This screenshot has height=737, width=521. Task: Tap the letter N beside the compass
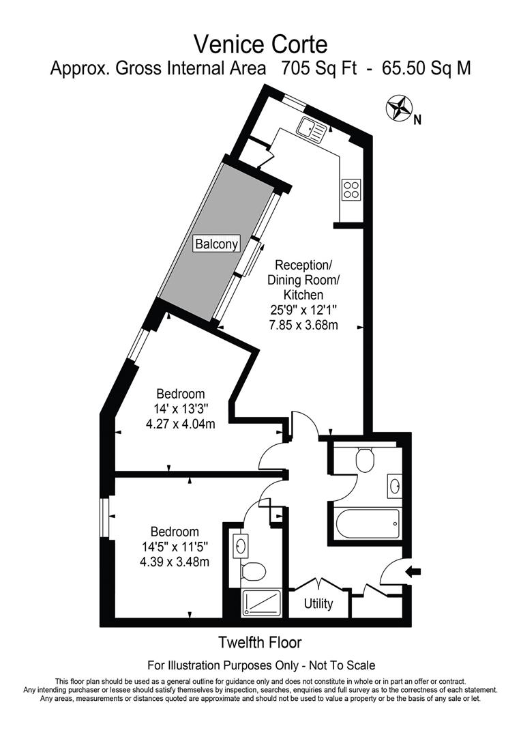(x=417, y=121)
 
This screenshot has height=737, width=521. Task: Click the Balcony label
(x=218, y=244)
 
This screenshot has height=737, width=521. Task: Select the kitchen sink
(x=312, y=127)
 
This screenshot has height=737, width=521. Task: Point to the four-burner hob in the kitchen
(x=351, y=189)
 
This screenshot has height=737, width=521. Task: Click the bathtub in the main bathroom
(x=367, y=524)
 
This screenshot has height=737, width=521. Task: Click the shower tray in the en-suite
(x=261, y=603)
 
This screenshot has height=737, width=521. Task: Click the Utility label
(x=318, y=604)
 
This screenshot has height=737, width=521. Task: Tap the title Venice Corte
(x=260, y=44)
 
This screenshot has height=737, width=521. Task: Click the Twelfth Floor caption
(x=260, y=642)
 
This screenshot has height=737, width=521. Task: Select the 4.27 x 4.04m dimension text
(x=181, y=424)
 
